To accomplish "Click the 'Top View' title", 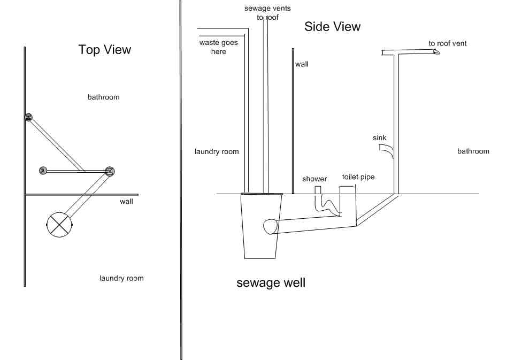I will [105, 50].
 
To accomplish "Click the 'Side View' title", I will [332, 26].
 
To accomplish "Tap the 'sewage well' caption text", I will [271, 282].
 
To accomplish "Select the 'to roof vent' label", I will [448, 43].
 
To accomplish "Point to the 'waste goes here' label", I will [219, 47].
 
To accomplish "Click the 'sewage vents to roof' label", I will [268, 13].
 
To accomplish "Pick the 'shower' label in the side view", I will [314, 179].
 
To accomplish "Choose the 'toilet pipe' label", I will [358, 177].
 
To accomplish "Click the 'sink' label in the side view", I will [380, 138].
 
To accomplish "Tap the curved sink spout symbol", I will [387, 153].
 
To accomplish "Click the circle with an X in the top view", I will [59, 223].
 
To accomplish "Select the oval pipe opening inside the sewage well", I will [271, 227].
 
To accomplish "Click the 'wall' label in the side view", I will [302, 64].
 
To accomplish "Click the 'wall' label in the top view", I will [126, 202].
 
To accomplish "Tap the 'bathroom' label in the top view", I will [104, 97].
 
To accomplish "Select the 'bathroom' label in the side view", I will [473, 151].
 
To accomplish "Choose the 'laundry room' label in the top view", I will [121, 278].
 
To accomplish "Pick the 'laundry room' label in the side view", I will [217, 152].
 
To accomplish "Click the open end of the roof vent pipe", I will [436, 52].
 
